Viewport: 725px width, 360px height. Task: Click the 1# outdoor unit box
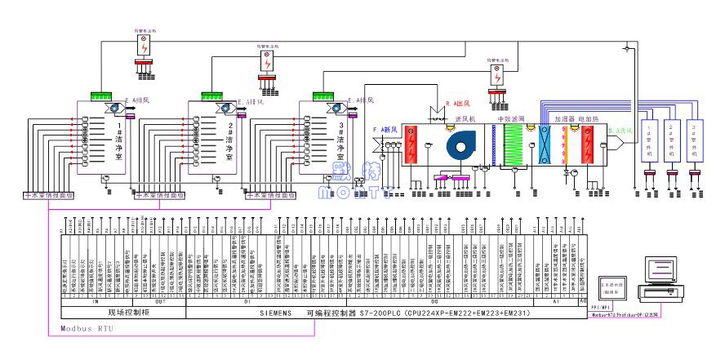pos(650,140)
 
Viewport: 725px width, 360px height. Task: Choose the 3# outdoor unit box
pos(695,140)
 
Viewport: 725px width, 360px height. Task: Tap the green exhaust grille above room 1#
pos(101,96)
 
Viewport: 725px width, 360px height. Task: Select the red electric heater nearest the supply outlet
pos(589,148)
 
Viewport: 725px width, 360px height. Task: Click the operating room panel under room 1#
pos(47,196)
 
